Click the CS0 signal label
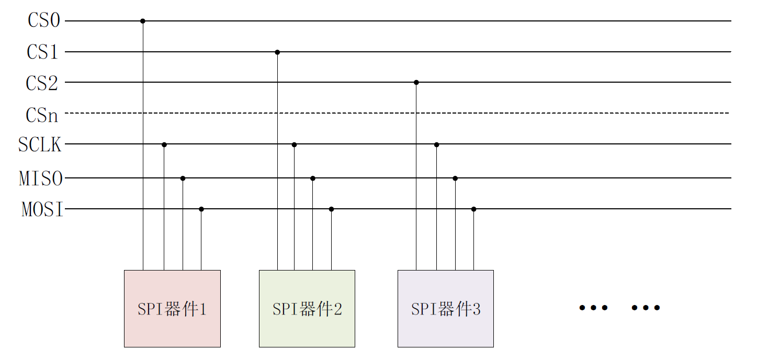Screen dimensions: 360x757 [43, 21]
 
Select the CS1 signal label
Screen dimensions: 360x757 [42, 52]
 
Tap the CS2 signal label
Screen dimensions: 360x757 [42, 83]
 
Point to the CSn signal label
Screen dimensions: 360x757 [42, 114]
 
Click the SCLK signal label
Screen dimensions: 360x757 [40, 145]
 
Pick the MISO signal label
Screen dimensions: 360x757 [41, 178]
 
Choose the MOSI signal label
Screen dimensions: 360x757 [42, 209]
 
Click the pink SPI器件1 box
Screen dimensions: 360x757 [172, 308]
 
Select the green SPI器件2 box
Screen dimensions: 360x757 [307, 308]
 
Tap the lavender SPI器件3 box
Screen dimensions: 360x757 [446, 308]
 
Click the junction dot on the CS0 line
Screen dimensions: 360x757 [143, 21]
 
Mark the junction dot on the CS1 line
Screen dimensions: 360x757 [277, 52]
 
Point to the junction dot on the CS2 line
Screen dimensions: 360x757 [416, 82]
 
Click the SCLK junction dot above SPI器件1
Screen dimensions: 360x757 [164, 144]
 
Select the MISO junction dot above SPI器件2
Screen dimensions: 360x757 [313, 178]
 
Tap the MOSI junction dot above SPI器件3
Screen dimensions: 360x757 [474, 209]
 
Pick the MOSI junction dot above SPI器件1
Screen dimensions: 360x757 [201, 209]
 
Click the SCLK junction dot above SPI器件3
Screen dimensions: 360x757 [436, 144]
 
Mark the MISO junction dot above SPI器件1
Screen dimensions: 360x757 [183, 178]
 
